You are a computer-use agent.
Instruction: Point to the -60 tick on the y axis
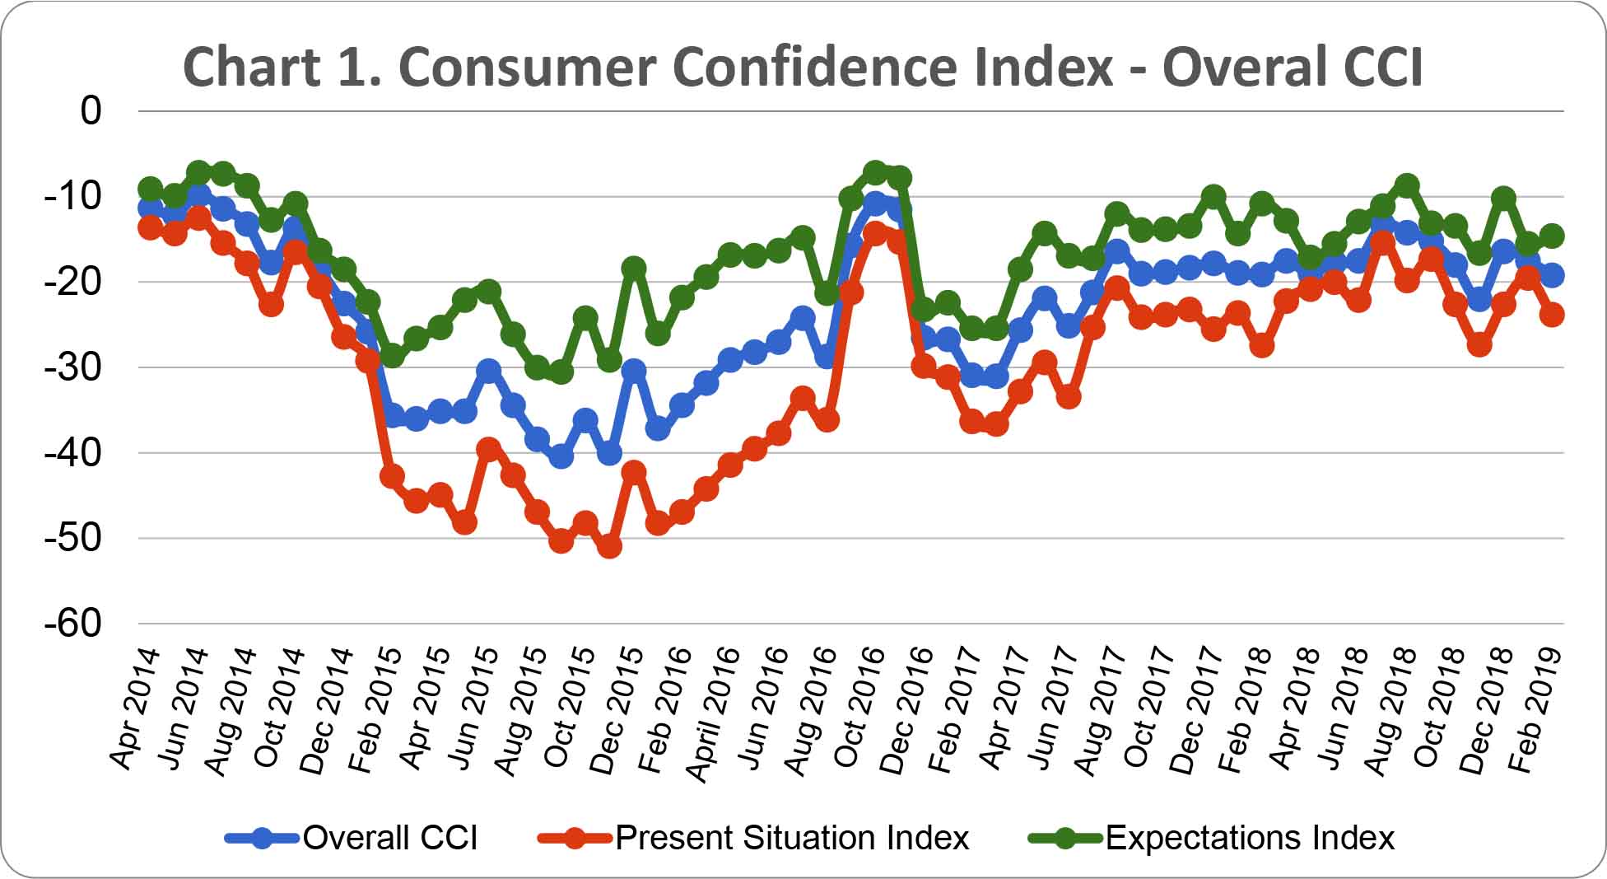pos(73,623)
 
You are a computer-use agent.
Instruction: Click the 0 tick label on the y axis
pos(91,110)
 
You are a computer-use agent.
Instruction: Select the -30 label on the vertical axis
pos(73,367)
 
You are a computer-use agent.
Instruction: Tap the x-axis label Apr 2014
pos(136,708)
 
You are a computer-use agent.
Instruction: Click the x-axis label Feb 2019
pos(1537,708)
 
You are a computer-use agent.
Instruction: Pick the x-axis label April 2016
pos(715,713)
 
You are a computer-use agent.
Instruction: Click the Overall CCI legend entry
pos(352,838)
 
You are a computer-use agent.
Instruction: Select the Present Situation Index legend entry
pos(753,838)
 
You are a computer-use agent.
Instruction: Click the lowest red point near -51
pos(609,545)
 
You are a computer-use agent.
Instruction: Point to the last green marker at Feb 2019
pos(1552,236)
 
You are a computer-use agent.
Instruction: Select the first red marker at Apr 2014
pos(150,227)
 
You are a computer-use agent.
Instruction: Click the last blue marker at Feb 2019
pos(1552,275)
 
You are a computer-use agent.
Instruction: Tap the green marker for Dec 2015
pos(634,268)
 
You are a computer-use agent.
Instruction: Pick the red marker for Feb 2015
pos(392,476)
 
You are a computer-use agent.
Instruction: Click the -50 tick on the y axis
pos(73,538)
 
